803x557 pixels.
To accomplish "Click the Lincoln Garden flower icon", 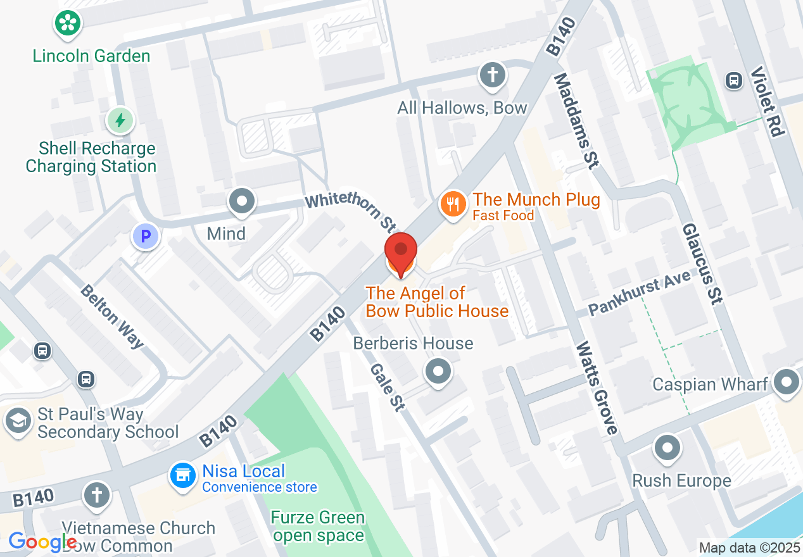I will pyautogui.click(x=66, y=23).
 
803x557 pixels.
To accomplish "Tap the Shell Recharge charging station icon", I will pyautogui.click(x=120, y=120).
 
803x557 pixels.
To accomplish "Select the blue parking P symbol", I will pyautogui.click(x=146, y=237).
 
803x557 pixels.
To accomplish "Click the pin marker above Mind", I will pyautogui.click(x=241, y=201).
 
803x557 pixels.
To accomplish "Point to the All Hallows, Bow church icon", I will pyautogui.click(x=493, y=75).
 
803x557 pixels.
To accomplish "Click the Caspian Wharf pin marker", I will pyautogui.click(x=787, y=382).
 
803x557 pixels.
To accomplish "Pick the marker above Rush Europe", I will pyautogui.click(x=666, y=448).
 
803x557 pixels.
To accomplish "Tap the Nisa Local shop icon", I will pyautogui.click(x=183, y=476).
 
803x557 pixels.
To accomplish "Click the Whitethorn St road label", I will pyautogui.click(x=351, y=212).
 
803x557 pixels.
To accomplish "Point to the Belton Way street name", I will pyautogui.click(x=113, y=316).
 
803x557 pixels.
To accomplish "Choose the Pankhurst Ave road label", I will pyautogui.click(x=639, y=295).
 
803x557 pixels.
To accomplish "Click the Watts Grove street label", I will pyautogui.click(x=596, y=389).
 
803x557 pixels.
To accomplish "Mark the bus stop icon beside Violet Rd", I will pyautogui.click(x=734, y=80).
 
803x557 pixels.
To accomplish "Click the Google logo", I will pyautogui.click(x=42, y=542).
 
